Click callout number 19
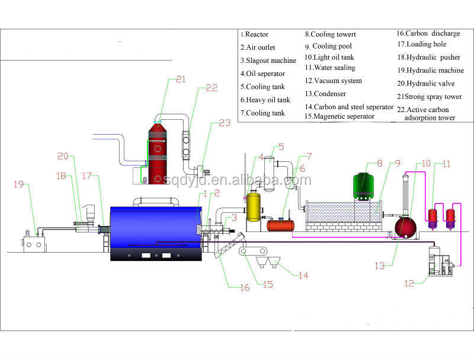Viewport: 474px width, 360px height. coord(18,184)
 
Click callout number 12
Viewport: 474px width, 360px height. coord(409,283)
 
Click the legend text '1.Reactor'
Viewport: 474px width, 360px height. coord(254,35)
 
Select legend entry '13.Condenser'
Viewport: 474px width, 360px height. coord(325,93)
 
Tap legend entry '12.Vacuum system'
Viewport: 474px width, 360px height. coord(333,81)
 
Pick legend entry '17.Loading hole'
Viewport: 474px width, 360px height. coord(421,44)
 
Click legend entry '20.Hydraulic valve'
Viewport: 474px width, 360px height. coord(425,84)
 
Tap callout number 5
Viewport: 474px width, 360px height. coord(281,146)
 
